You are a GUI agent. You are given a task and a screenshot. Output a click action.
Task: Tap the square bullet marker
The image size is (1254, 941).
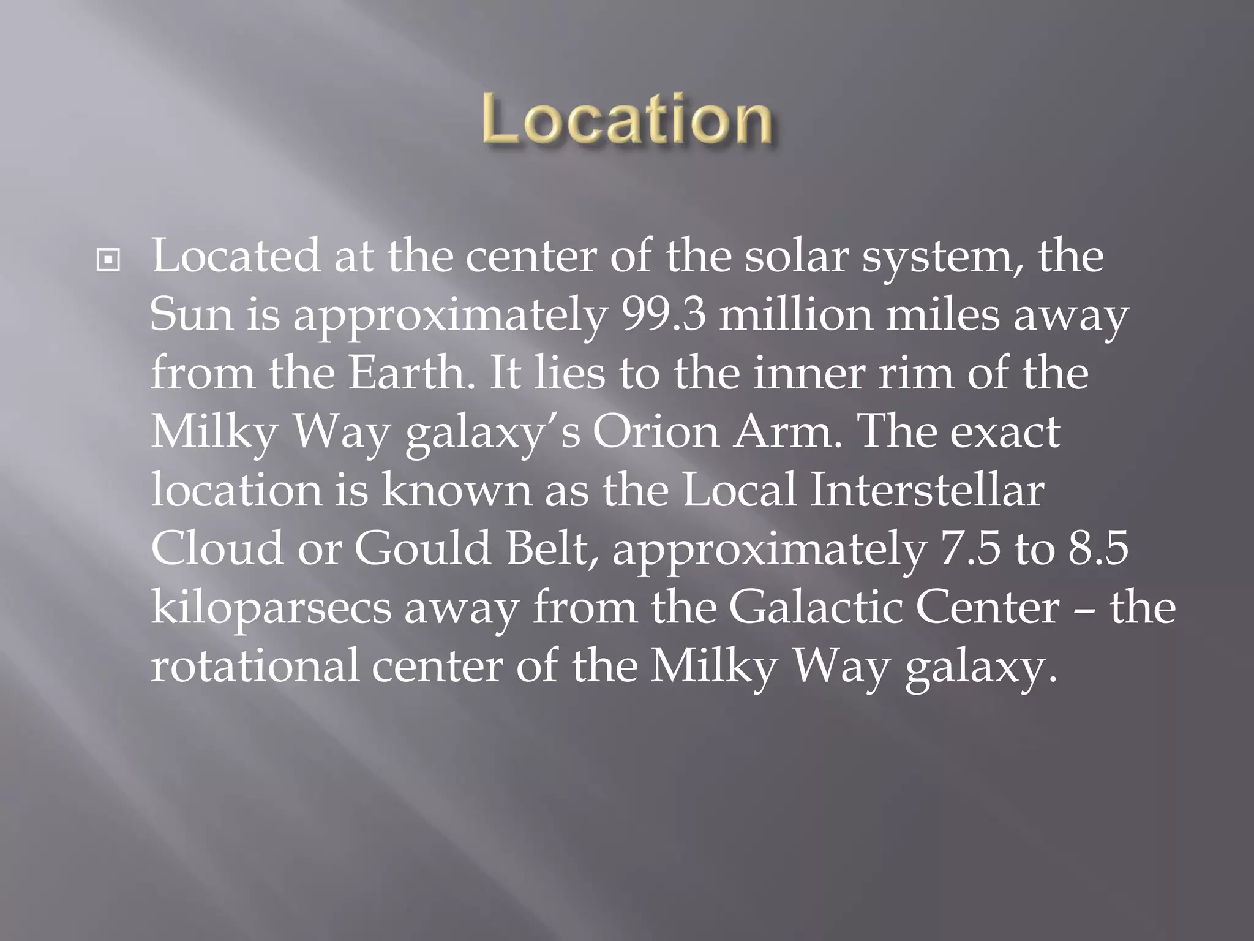coord(108,260)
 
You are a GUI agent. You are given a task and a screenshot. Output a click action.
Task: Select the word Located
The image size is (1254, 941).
coord(236,256)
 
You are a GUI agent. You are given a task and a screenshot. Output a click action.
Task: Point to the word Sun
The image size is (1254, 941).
coord(191,315)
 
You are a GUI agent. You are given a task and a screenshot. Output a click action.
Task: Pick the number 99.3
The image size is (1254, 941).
coord(664,315)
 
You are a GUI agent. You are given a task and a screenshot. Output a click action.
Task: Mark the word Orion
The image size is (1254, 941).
coord(656,432)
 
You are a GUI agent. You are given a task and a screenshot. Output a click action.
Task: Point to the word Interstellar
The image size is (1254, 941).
coord(927,490)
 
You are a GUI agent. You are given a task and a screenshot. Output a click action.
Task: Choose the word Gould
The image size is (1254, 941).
coord(423,548)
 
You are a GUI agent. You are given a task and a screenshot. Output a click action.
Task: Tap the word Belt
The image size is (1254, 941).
coord(552,548)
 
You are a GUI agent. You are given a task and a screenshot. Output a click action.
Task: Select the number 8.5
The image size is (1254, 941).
coord(1098,548)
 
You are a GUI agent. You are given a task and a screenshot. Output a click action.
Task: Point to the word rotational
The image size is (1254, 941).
coord(254,665)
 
